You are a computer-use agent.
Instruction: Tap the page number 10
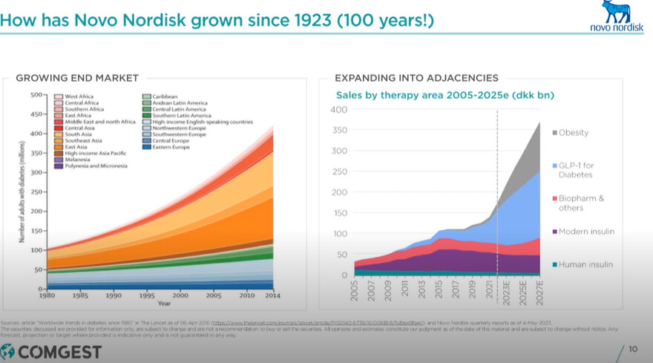(633, 349)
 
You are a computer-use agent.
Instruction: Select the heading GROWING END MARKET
(77, 78)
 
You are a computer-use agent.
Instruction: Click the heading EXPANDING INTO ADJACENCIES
(416, 78)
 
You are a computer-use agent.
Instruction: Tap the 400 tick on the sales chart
(338, 110)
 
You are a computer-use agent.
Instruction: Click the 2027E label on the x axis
(540, 291)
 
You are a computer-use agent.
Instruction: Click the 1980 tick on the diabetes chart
(46, 295)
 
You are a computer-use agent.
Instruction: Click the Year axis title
(164, 303)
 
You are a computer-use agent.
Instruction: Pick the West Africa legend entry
(79, 97)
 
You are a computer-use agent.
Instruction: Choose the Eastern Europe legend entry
(170, 147)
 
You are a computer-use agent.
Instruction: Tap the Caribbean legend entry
(165, 97)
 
